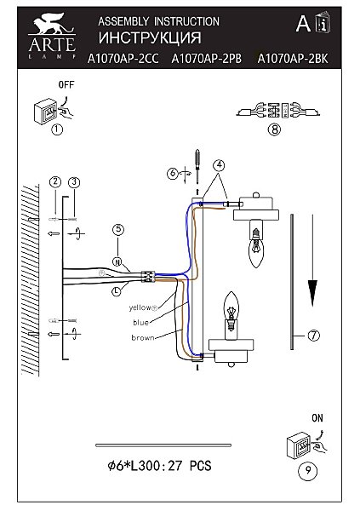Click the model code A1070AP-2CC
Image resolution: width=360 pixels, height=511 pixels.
click(123, 59)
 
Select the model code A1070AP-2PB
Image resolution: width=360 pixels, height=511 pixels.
click(207, 59)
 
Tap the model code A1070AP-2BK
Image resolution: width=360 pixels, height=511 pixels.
click(293, 59)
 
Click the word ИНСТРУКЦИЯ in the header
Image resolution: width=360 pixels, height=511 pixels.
click(150, 37)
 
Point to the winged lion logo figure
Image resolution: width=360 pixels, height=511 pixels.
click(52, 24)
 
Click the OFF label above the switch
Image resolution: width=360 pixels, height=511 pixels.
click(66, 84)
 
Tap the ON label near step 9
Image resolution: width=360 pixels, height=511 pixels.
click(317, 418)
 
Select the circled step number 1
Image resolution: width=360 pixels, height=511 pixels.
click(57, 129)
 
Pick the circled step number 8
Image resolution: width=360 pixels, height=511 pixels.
click(274, 129)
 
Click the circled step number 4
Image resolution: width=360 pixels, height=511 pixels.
click(220, 165)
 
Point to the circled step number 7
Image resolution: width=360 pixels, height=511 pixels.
click(314, 336)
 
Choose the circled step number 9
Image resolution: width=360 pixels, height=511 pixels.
click(308, 471)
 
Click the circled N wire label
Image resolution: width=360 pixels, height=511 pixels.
click(117, 261)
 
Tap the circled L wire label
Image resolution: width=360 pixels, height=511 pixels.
click(117, 291)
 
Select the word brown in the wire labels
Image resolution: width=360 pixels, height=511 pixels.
click(142, 338)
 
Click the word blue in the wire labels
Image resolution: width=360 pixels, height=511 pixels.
click(140, 323)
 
